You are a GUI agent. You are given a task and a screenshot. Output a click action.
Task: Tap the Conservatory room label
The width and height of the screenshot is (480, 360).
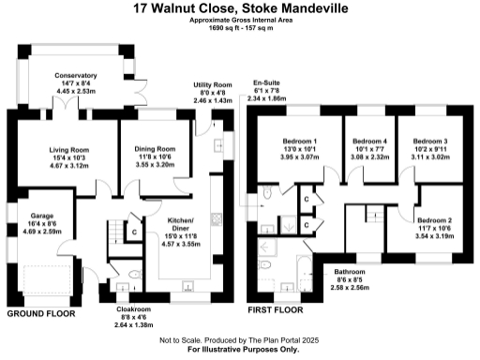click(75, 74)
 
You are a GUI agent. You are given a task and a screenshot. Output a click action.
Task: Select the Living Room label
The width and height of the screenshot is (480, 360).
click(68, 148)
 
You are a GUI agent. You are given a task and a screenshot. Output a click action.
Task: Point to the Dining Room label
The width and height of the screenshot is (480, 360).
click(155, 148)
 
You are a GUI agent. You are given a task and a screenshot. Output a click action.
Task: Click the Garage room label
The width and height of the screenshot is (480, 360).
click(40, 214)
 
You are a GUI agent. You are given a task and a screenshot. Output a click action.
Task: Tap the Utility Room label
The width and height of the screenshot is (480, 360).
click(212, 84)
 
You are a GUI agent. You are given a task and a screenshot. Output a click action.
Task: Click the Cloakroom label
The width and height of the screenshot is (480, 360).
click(133, 308)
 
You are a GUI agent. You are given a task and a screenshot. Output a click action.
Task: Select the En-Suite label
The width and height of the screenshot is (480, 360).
click(266, 82)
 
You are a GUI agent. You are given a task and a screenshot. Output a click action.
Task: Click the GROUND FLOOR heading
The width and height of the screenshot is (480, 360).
click(41, 314)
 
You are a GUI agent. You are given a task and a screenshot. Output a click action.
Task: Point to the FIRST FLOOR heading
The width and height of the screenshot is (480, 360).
click(275, 308)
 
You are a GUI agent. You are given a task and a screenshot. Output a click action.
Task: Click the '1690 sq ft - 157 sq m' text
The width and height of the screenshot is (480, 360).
click(239, 29)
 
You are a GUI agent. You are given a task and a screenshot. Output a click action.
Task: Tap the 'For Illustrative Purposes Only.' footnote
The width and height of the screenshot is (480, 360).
click(240, 349)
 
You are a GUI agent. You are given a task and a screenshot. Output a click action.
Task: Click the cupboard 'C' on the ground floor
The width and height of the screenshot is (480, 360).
click(134, 231)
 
